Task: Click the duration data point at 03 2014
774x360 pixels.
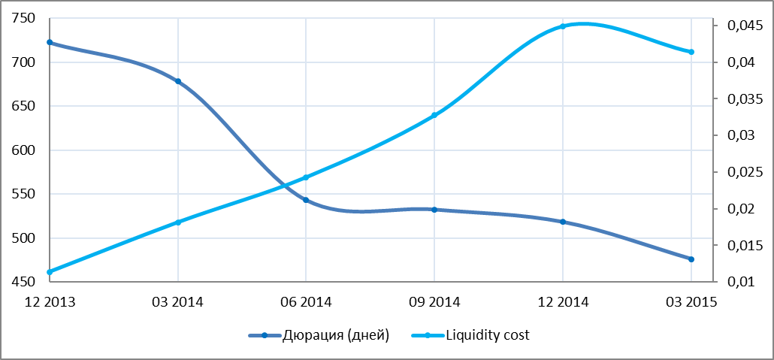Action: pyautogui.click(x=178, y=81)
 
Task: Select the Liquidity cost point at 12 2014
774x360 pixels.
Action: pyautogui.click(x=563, y=26)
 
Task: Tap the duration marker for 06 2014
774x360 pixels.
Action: pyautogui.click(x=306, y=200)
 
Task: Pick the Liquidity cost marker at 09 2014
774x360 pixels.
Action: pyautogui.click(x=434, y=115)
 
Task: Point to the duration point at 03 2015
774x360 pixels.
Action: pyautogui.click(x=691, y=259)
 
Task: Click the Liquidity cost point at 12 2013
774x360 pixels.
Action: pyautogui.click(x=50, y=272)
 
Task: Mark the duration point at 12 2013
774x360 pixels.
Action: pyautogui.click(x=50, y=43)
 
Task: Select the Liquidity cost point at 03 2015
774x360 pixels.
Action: pyautogui.click(x=691, y=52)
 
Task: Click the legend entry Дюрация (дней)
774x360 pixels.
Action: pyautogui.click(x=319, y=336)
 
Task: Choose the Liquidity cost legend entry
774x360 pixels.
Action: pyautogui.click(x=470, y=336)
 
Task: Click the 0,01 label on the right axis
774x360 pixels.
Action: pyautogui.click(x=739, y=282)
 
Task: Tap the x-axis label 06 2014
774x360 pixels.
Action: pyautogui.click(x=306, y=301)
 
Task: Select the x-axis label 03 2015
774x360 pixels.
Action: pyautogui.click(x=691, y=301)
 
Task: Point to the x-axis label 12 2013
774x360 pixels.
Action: pyautogui.click(x=50, y=301)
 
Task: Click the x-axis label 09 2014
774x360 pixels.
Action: pyautogui.click(x=434, y=301)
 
